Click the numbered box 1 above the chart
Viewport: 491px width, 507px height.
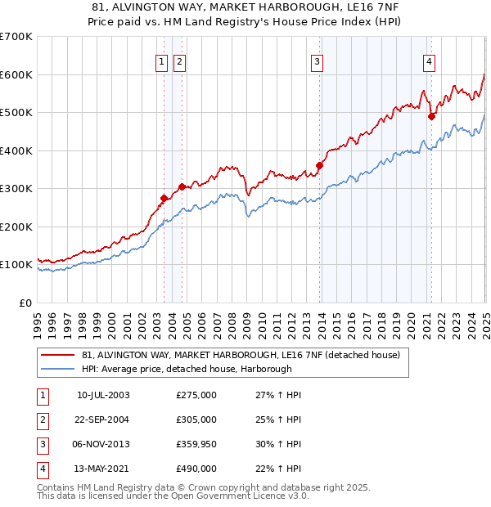161,61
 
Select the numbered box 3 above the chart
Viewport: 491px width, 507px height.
317,61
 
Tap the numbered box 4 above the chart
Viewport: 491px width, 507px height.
429,61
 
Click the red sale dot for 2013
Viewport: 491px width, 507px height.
319,166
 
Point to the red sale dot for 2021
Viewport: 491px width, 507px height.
431,116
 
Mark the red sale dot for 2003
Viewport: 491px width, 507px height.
164,198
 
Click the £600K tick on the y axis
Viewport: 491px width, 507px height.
16,74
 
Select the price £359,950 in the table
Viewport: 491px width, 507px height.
196,444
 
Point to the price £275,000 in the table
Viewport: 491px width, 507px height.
196,395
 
